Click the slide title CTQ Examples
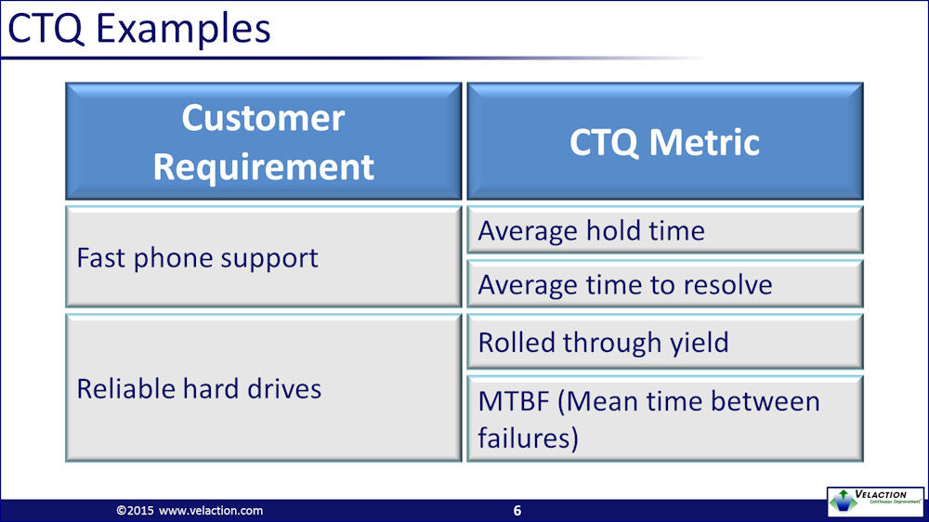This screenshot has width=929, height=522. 138,28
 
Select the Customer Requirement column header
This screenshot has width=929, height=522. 263,141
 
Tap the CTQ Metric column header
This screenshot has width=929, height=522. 665,141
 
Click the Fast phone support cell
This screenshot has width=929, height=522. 263,256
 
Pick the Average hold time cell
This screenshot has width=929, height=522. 665,230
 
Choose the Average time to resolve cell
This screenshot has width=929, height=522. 665,284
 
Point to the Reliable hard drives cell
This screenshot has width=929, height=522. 263,388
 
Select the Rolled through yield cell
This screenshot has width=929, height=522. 665,342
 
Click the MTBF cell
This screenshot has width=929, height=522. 665,418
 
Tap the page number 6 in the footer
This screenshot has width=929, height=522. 517,511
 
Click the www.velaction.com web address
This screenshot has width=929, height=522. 211,511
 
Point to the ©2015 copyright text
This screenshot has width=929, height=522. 135,511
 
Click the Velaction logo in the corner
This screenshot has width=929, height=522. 876,502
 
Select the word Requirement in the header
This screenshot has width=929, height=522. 264,166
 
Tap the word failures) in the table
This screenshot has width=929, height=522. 528,437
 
